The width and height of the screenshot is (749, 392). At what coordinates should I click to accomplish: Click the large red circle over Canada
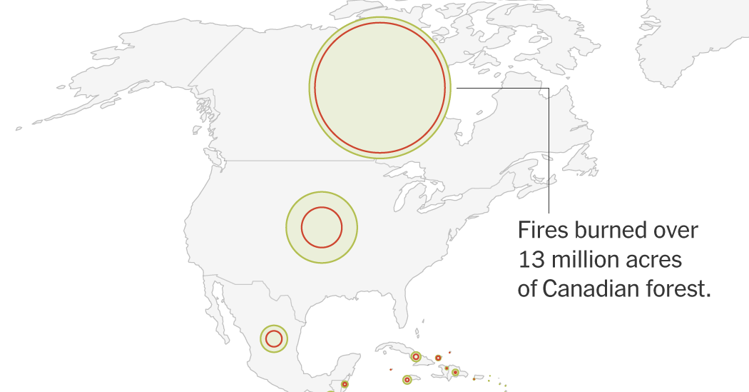[x=380, y=87]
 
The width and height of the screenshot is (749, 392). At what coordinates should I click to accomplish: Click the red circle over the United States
[x=322, y=228]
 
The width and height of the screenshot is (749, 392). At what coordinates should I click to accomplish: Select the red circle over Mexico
[x=273, y=338]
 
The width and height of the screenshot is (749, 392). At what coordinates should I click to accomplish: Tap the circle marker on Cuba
[x=415, y=356]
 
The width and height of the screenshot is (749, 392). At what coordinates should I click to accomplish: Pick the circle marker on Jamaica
[x=407, y=380]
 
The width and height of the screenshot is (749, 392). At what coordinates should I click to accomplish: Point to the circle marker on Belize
[x=345, y=384]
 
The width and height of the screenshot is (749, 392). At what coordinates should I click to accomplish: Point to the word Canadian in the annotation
[x=589, y=289]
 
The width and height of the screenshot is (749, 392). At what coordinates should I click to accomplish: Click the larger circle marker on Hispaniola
[x=455, y=372]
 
